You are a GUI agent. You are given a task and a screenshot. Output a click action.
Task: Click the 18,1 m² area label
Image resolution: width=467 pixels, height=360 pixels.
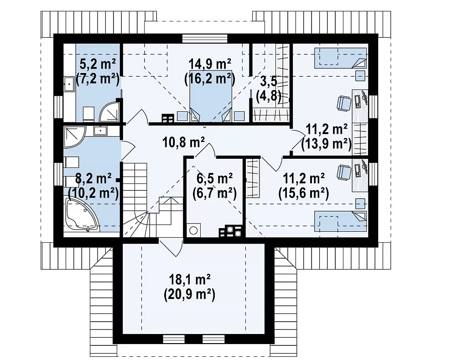coord(190,280)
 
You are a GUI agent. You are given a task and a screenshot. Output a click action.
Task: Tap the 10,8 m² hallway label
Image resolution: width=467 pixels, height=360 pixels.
coord(183,143)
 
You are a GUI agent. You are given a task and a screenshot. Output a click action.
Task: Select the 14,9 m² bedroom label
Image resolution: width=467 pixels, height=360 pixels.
coord(210,64)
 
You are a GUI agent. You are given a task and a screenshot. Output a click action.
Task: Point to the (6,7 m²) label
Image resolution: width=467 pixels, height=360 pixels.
coord(214,194)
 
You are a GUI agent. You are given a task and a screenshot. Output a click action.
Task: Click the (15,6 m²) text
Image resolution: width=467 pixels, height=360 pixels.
coord(304,194)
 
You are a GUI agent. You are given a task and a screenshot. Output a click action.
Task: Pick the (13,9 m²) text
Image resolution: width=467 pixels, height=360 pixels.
coord(327,144)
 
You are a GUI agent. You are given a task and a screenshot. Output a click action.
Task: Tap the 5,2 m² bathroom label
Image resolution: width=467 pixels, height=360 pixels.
coord(98,64)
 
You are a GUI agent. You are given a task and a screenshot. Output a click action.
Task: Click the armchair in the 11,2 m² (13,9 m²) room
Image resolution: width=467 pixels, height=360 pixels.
coord(343,104)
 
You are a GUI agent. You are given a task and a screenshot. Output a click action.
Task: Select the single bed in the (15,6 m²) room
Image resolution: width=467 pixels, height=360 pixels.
coord(340,221)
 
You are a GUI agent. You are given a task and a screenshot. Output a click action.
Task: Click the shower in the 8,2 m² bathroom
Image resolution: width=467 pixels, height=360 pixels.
coord(75,137)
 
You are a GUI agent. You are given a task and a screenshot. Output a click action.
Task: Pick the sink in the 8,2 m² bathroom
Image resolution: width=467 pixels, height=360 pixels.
coord(101,130)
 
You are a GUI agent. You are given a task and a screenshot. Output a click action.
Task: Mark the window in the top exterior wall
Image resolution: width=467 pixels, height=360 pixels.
coord(205,39)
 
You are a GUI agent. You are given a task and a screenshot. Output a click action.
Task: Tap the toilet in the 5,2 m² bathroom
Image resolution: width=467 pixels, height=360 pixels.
coord(88,114)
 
